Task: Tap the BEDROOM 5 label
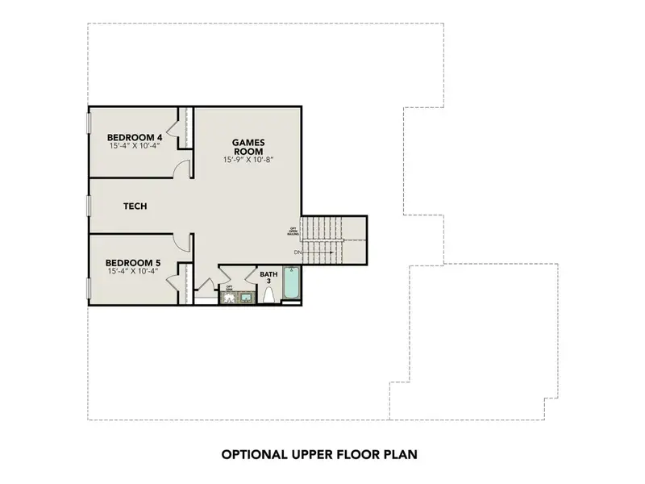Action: [x=135, y=262]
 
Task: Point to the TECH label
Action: [x=135, y=207]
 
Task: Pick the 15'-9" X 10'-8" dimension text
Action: [x=249, y=161]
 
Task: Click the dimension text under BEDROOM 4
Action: [x=135, y=147]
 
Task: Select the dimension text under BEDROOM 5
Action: [x=135, y=271]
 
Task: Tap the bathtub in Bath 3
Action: [x=291, y=286]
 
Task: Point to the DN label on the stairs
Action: [x=298, y=253]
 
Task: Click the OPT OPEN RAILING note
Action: [x=293, y=232]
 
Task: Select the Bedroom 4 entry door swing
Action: [x=184, y=167]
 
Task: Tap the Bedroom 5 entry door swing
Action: [x=184, y=240]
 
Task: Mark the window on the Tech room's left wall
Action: [x=88, y=207]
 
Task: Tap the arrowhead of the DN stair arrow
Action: [x=332, y=253]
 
